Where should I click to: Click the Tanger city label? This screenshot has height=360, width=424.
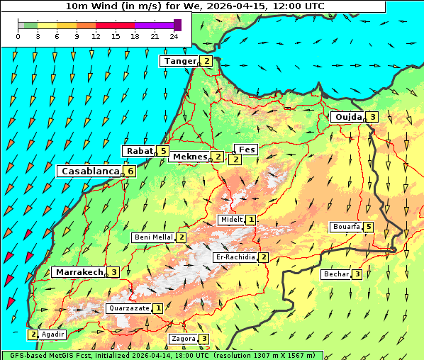click(179, 61)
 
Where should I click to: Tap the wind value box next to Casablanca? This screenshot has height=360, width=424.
click(130, 171)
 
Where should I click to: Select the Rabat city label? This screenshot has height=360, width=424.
click(140, 151)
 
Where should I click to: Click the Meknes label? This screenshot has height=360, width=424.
click(189, 157)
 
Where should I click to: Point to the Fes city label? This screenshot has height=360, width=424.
click(246, 150)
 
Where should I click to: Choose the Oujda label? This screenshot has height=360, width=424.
click(348, 117)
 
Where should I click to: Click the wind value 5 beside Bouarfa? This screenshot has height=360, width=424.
click(369, 227)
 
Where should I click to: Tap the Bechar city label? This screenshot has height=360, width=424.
click(336, 274)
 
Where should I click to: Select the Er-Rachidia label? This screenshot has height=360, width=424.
click(235, 257)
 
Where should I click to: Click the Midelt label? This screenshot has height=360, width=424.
click(231, 220)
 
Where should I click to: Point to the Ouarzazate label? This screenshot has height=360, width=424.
click(128, 308)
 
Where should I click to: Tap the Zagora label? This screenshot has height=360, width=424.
click(183, 339)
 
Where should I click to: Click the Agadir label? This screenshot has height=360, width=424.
click(52, 334)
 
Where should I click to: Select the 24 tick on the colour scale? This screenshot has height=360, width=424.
click(174, 36)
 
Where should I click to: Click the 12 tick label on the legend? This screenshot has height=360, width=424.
click(96, 36)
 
